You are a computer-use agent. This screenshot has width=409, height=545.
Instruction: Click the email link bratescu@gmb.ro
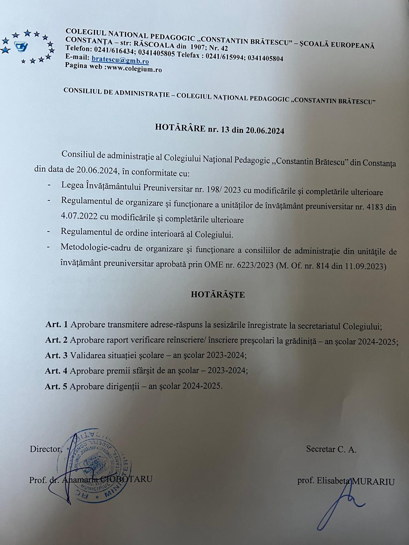click(x=120, y=61)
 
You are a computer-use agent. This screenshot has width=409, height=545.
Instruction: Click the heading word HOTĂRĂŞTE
click(x=218, y=295)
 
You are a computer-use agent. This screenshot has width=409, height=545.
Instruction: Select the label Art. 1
click(x=56, y=324)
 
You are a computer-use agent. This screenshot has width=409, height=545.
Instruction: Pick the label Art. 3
click(x=56, y=355)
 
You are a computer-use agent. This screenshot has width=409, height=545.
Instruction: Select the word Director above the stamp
click(x=46, y=449)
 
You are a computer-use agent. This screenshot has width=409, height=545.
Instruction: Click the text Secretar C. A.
click(x=331, y=449)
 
